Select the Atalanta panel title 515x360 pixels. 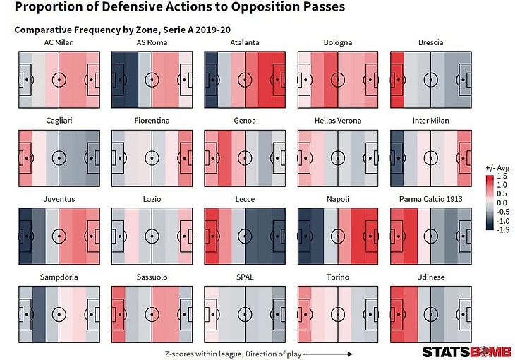coord(245,42)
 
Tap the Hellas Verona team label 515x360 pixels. coord(337,121)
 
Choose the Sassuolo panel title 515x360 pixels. coord(152,277)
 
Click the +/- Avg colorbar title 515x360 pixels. coord(497,167)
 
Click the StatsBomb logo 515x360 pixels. coord(461,352)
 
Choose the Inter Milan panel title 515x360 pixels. coord(430,121)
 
